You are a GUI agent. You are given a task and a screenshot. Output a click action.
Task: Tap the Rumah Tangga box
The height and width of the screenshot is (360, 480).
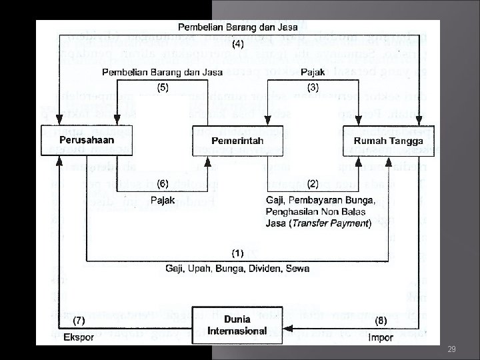(382, 141)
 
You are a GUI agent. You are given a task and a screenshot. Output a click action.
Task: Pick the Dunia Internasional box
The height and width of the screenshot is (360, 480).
(237, 325)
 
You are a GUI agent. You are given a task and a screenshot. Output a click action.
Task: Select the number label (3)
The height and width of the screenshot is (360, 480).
(313, 86)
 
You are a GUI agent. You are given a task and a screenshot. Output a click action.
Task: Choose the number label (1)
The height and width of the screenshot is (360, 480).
(237, 253)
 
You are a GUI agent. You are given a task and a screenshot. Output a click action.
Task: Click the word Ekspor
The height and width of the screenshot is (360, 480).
(78, 337)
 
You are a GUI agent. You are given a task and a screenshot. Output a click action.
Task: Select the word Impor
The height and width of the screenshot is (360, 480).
(381, 337)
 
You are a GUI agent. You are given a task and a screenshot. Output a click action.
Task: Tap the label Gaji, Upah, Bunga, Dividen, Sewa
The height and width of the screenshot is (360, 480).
(237, 268)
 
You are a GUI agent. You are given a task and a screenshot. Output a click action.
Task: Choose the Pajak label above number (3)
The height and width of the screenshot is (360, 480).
(313, 71)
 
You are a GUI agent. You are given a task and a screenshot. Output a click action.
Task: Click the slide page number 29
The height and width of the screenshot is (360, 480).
(451, 349)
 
